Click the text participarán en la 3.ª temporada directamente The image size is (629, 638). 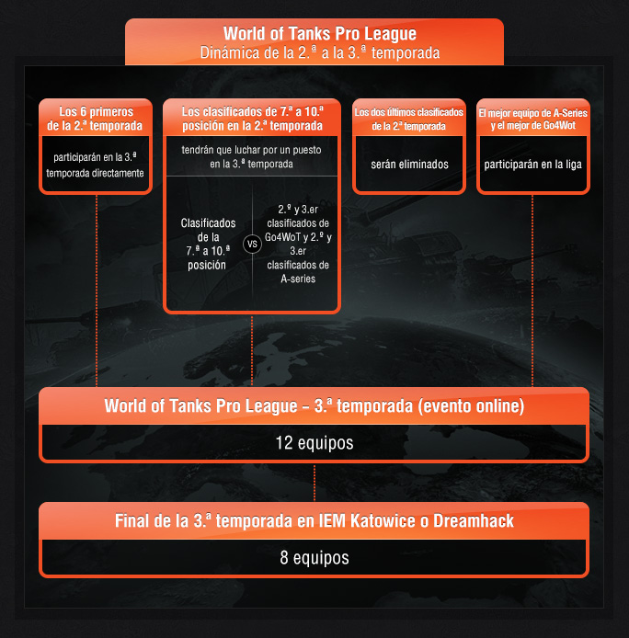[96, 165]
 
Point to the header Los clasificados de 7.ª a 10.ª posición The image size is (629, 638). [251, 118]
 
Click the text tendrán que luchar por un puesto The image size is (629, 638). [251, 156]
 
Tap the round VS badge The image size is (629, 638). [251, 245]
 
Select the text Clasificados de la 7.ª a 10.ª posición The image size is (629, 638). [208, 244]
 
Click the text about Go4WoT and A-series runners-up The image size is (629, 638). [298, 244]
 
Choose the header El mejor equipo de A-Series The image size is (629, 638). [532, 119]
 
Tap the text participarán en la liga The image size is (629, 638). [532, 165]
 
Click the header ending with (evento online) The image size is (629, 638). [314, 406]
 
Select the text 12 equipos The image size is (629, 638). [314, 443]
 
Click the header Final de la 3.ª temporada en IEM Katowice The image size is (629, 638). [314, 521]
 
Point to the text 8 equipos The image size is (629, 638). [314, 558]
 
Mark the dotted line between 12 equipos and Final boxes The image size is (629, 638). [314, 482]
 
